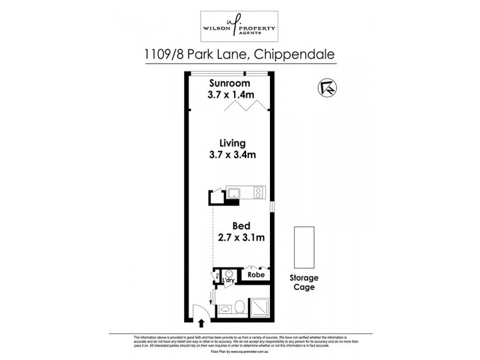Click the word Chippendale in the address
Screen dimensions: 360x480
click(x=295, y=55)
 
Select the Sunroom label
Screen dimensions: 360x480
click(x=229, y=83)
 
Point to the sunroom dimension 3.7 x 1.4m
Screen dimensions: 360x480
click(x=229, y=95)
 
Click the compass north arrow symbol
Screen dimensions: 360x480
click(x=326, y=88)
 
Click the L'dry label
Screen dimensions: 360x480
click(x=228, y=280)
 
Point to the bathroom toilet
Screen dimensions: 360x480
click(x=240, y=307)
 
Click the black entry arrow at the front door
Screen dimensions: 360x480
click(x=201, y=323)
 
